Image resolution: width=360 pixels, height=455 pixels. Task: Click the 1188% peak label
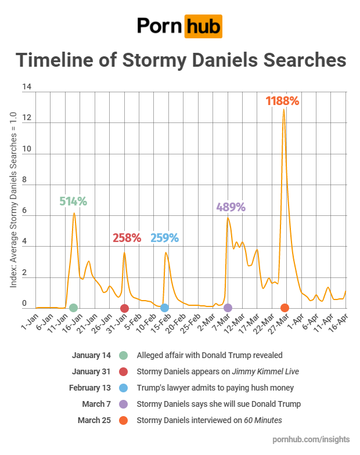(282, 101)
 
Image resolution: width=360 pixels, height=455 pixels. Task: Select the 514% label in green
(73, 202)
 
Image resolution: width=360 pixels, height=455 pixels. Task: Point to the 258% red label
(127, 238)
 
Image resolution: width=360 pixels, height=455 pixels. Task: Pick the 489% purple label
(231, 207)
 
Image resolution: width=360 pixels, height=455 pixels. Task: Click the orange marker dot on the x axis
(285, 308)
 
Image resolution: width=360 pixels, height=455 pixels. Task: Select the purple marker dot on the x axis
(228, 308)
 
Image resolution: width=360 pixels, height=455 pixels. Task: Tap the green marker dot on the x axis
(73, 308)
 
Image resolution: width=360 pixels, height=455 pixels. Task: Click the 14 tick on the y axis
(26, 88)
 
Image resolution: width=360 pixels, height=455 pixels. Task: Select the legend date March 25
(94, 420)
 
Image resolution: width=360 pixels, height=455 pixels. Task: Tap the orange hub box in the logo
(203, 26)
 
